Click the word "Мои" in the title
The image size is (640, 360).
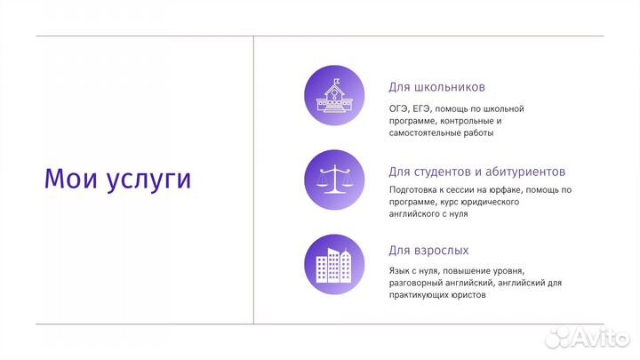pyautogui.click(x=71, y=179)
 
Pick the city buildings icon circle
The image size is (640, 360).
pyautogui.click(x=334, y=264)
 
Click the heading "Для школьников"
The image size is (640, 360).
pyautogui.click(x=436, y=88)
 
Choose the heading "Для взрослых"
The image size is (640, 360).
pyautogui.click(x=428, y=251)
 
